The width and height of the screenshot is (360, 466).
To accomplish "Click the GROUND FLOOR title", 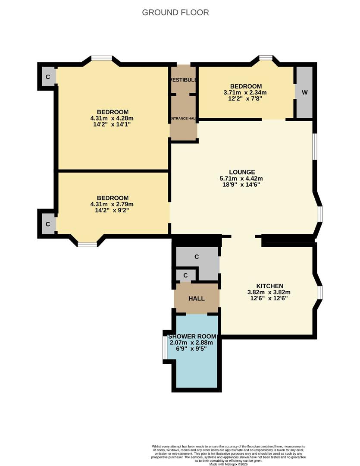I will pyautogui.click(x=175, y=13).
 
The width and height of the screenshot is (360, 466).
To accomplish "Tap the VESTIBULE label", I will pyautogui.click(x=183, y=80).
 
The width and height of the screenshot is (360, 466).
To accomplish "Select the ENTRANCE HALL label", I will pyautogui.click(x=183, y=118).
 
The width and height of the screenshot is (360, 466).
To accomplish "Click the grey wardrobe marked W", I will pyautogui.click(x=304, y=92).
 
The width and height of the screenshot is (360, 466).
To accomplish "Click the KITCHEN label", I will pyautogui.click(x=269, y=286).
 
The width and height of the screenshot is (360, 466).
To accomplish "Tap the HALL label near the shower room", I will pyautogui.click(x=196, y=299).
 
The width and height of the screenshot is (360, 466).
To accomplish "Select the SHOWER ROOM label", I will pyautogui.click(x=192, y=336).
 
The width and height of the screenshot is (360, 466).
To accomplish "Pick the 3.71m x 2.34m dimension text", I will pyautogui.click(x=245, y=92).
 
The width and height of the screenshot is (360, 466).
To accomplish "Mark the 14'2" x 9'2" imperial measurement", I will pyautogui.click(x=112, y=211).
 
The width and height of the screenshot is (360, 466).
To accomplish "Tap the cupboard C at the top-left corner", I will pyautogui.click(x=48, y=77).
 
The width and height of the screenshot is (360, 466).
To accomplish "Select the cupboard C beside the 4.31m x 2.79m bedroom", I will pyautogui.click(x=48, y=224).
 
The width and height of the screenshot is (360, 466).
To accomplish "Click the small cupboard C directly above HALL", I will pyautogui.click(x=185, y=275).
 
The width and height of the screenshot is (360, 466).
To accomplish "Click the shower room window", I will pyautogui.click(x=164, y=347).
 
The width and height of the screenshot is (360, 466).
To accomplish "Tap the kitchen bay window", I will pyautogui.click(x=320, y=293).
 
